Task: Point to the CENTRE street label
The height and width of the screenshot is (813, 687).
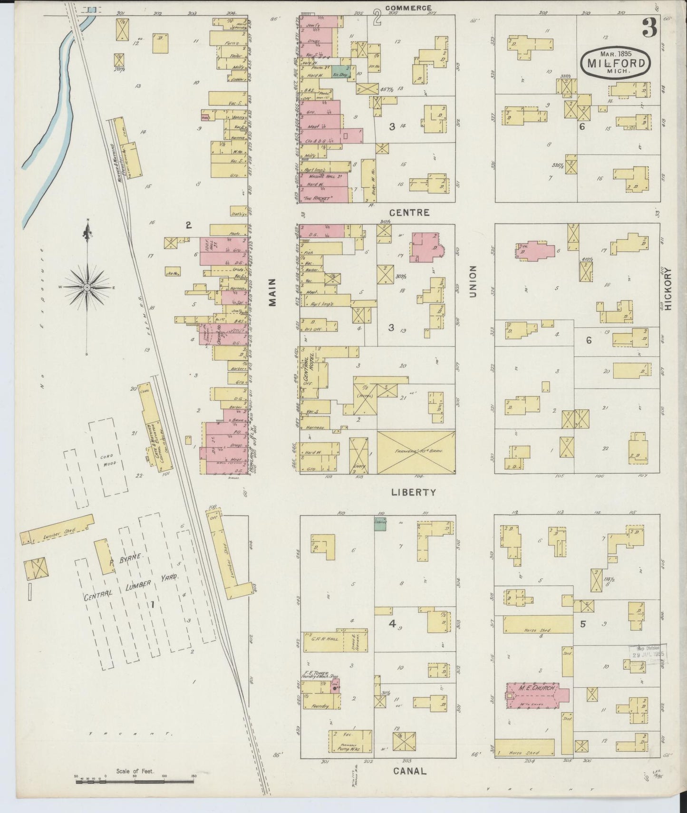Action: [x=411, y=213]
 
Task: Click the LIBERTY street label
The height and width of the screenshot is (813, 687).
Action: [x=413, y=493]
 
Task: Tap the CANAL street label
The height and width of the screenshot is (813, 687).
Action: [x=409, y=771]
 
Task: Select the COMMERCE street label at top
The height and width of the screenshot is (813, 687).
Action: [x=408, y=8]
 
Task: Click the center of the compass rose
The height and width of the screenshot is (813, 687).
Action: [x=87, y=288]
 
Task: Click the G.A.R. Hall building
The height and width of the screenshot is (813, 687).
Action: [x=325, y=639]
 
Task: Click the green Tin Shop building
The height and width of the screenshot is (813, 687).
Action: [x=340, y=74]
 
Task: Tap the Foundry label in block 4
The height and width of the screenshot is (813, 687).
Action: [x=320, y=707]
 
